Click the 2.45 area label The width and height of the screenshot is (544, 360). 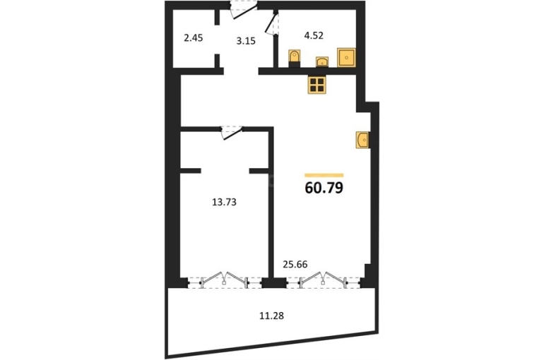pyautogui.click(x=194, y=38)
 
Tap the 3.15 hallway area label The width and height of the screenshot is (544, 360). pyautogui.click(x=246, y=41)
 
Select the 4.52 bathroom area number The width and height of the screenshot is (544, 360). pyautogui.click(x=314, y=35)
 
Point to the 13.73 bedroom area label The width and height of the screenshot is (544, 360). pyautogui.click(x=224, y=202)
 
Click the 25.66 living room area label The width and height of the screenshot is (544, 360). pyautogui.click(x=295, y=265)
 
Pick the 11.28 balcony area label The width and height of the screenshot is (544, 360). pyautogui.click(x=272, y=316)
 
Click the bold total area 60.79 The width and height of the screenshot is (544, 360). pyautogui.click(x=324, y=188)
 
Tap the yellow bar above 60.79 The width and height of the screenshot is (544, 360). pyautogui.click(x=324, y=175)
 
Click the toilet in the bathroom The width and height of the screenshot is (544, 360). pyautogui.click(x=294, y=58)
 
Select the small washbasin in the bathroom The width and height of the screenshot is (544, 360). pyautogui.click(x=322, y=62)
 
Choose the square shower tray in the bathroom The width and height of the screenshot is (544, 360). pyautogui.click(x=346, y=57)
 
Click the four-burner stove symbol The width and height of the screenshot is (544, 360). pyautogui.click(x=317, y=85)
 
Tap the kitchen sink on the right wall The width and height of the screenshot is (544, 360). pyautogui.click(x=362, y=140)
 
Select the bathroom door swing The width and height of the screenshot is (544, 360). pyautogui.click(x=272, y=23)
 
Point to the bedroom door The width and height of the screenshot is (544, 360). pyautogui.click(x=232, y=133)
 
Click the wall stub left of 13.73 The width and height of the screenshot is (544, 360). pyautogui.click(x=191, y=171)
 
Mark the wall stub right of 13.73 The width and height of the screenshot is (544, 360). pyautogui.click(x=259, y=171)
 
